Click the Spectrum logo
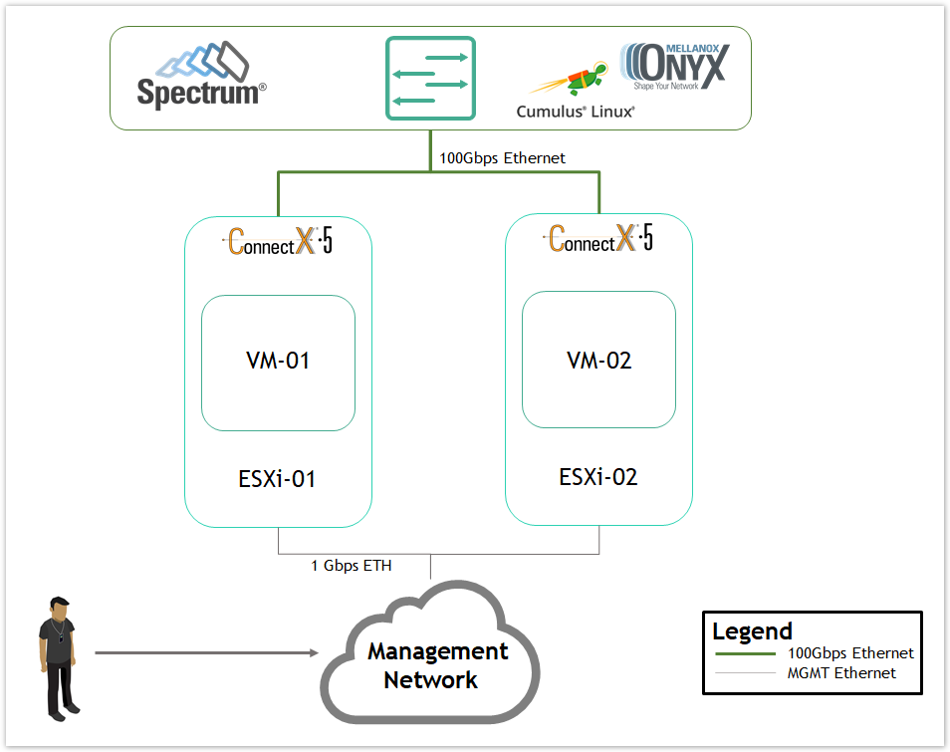pyautogui.click(x=201, y=76)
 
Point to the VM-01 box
pyautogui.click(x=278, y=362)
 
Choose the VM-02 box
pyautogui.click(x=598, y=360)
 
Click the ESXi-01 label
pyautogui.click(x=278, y=479)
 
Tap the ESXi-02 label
pyautogui.click(x=598, y=477)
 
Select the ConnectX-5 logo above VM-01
pyautogui.click(x=278, y=240)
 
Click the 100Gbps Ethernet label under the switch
pyautogui.click(x=502, y=157)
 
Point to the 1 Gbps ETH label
pyautogui.click(x=352, y=566)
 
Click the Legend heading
pyautogui.click(x=752, y=630)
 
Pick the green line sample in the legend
pyautogui.click(x=745, y=654)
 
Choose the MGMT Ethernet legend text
pyautogui.click(x=841, y=673)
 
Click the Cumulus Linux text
pyautogui.click(x=575, y=112)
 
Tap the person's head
pyautogui.click(x=59, y=608)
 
